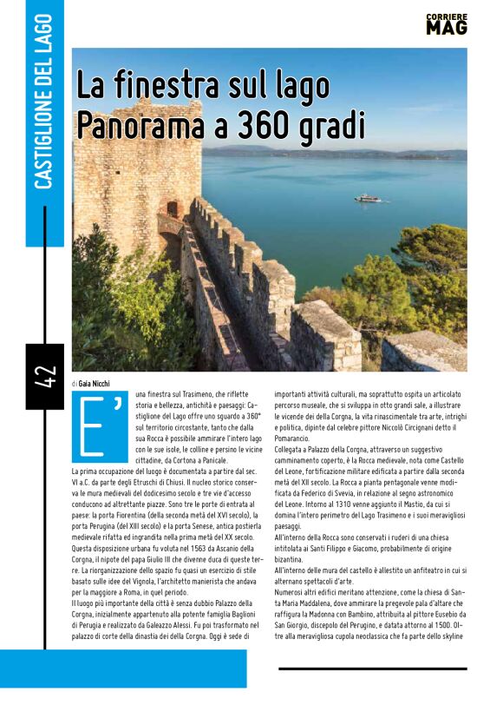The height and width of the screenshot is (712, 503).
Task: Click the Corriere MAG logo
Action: (x=447, y=23)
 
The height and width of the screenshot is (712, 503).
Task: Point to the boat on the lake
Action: (x=368, y=198)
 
